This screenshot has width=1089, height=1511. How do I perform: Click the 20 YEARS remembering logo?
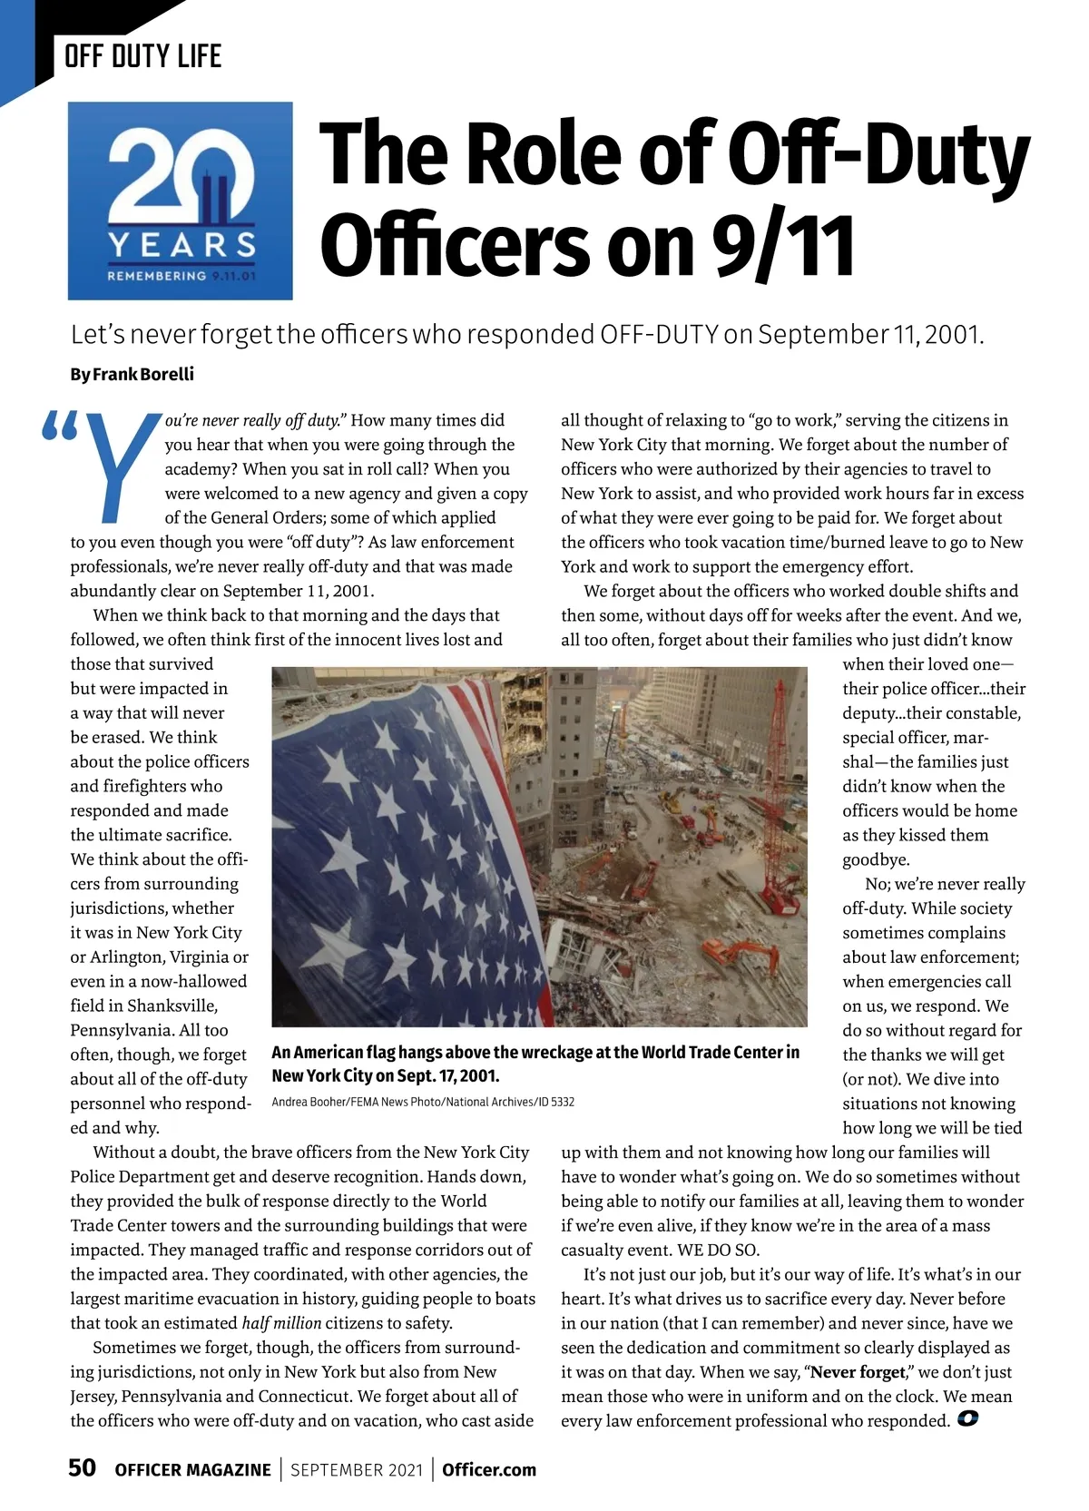coord(180,201)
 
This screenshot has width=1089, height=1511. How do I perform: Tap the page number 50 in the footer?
coord(83,1468)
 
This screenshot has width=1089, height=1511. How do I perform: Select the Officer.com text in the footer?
coord(489,1470)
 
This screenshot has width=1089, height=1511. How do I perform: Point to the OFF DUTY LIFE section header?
coord(142,56)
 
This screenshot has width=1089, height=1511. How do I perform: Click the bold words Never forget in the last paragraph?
coord(858,1372)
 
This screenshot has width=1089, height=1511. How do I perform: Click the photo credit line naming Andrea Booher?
coord(423,1102)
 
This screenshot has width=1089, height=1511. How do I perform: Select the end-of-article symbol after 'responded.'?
coord(967,1419)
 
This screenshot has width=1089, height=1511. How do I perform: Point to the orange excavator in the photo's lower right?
coord(740,953)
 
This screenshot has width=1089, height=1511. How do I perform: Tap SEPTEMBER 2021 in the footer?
coord(357,1470)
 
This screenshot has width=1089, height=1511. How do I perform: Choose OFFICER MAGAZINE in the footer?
coord(192,1470)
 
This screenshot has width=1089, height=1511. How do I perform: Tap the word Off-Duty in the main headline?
coord(878,154)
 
